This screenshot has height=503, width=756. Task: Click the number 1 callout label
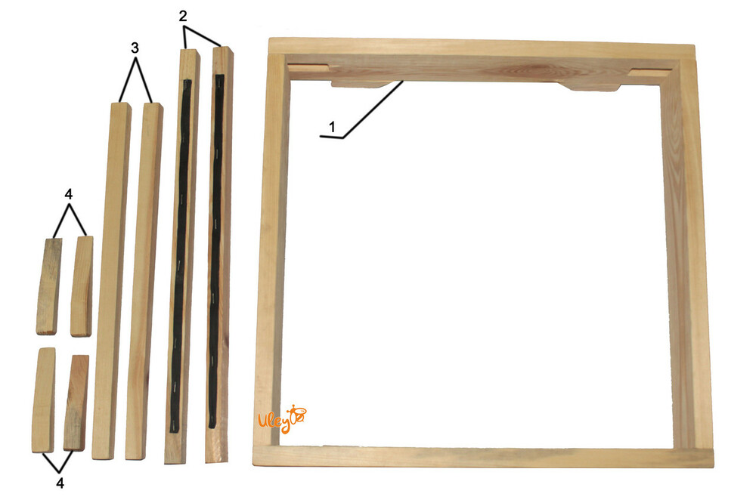(x=332, y=128)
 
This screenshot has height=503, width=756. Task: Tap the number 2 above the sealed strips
(x=183, y=16)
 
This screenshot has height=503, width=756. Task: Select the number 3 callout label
(x=135, y=48)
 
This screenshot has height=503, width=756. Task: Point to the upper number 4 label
(x=69, y=194)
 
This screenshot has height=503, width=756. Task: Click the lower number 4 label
(x=60, y=483)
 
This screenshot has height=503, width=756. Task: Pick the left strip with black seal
(x=181, y=255)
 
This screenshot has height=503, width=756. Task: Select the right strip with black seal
(x=219, y=255)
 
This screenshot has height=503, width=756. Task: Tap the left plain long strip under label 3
(x=111, y=280)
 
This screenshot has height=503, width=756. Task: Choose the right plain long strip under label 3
(x=144, y=282)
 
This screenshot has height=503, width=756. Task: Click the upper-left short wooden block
(x=48, y=286)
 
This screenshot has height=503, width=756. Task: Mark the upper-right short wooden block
(x=82, y=286)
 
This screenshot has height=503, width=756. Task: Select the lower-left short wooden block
(x=43, y=400)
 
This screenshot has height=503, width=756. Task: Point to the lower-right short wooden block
(x=76, y=403)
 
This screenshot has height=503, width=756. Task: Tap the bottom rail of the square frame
(x=483, y=457)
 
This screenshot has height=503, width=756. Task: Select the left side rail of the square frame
(x=271, y=251)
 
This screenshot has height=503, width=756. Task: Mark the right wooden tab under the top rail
(x=590, y=87)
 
